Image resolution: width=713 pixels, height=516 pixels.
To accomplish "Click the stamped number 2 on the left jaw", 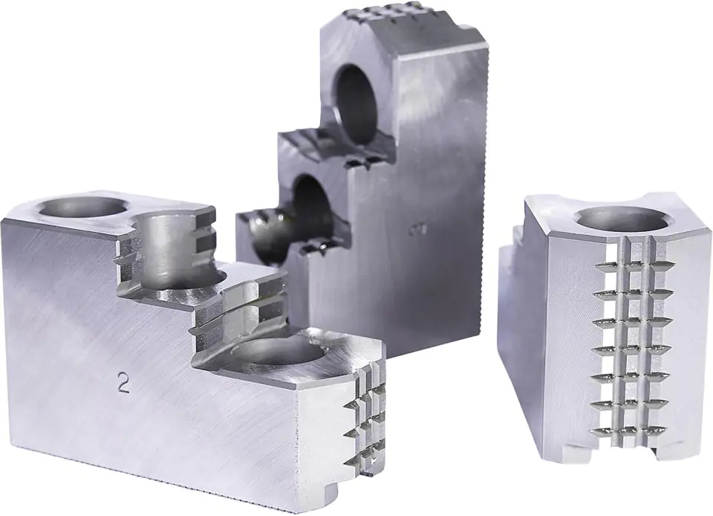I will click(124, 383).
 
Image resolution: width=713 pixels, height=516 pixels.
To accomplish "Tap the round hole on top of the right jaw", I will click(622, 217).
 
